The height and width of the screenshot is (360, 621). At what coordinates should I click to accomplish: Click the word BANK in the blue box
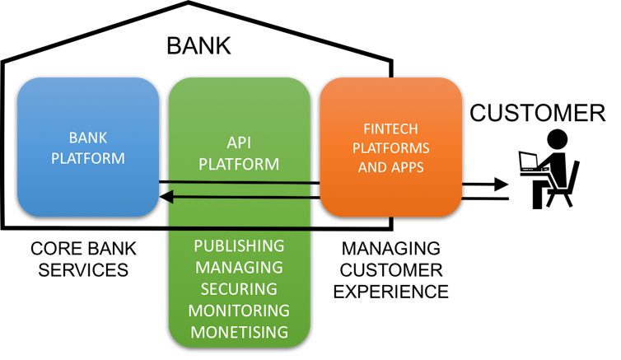coord(88,138)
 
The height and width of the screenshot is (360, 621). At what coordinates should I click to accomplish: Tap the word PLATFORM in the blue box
coord(88,157)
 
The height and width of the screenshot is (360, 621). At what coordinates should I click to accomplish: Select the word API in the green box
coord(239,143)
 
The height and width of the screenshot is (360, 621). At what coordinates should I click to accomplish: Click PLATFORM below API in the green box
coord(239,163)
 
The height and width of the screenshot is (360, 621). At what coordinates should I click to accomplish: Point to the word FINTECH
coord(390,129)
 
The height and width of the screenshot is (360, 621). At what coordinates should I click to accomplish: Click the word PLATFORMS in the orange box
coord(390,148)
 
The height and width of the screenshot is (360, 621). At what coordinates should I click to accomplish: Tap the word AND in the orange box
coord(373,167)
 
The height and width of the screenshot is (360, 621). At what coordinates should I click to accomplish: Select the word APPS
coord(409,167)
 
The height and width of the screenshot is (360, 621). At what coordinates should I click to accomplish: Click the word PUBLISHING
coord(239,245)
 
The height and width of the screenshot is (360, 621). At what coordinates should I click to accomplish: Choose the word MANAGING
coord(239,267)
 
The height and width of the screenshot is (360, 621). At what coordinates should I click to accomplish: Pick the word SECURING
coord(239,288)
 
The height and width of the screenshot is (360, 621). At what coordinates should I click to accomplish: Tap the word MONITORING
coord(239,311)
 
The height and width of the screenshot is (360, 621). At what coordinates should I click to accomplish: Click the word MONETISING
coord(239,332)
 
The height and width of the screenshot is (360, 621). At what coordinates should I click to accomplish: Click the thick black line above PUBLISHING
coord(239,227)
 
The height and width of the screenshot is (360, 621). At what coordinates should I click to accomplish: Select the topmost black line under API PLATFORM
coord(239,182)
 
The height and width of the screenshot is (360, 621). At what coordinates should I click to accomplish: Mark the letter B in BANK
coord(72,138)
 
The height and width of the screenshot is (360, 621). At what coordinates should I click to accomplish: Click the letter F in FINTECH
coord(367,129)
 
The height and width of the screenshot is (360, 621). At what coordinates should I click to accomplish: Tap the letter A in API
coord(231,143)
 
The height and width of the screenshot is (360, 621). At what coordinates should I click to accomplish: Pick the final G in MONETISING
coord(282,332)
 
